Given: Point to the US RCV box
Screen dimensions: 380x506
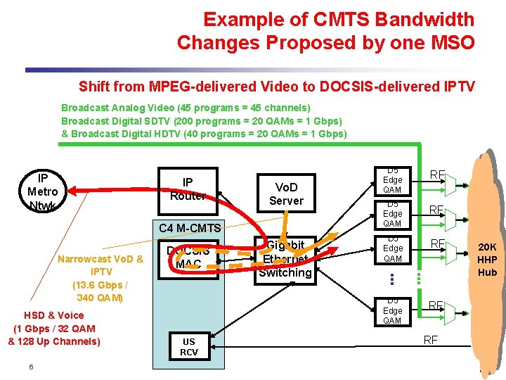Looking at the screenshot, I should pyautogui.click(x=189, y=347).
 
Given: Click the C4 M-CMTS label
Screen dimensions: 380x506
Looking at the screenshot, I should pyautogui.click(x=190, y=227).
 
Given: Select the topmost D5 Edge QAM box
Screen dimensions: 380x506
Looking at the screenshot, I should pyautogui.click(x=392, y=180).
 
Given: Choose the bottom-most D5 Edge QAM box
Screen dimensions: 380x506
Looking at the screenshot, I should pyautogui.click(x=392, y=310).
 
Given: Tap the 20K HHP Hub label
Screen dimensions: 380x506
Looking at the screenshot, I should pyautogui.click(x=487, y=259).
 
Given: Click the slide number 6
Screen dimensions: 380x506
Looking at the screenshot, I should pyautogui.click(x=32, y=367).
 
